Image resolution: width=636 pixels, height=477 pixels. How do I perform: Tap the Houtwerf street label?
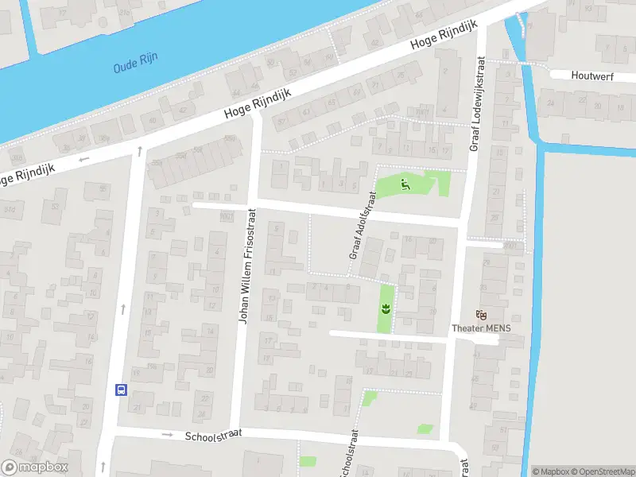(592, 76)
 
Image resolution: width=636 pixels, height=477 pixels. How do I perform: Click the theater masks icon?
(479, 316)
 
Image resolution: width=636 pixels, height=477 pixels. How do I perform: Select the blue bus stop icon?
(122, 390)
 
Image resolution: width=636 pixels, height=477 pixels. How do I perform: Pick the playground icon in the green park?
(405, 187)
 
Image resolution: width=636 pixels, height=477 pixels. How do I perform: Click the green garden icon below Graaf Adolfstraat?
(386, 308)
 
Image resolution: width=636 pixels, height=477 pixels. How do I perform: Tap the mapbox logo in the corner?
(35, 467)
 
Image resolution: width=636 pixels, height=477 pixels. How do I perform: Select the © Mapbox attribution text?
(548, 471)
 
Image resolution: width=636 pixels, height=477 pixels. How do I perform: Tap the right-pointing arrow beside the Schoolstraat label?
(167, 435)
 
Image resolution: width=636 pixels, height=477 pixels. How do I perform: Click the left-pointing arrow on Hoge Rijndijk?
(84, 158)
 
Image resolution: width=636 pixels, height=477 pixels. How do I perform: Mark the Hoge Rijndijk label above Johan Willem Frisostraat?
(258, 103)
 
